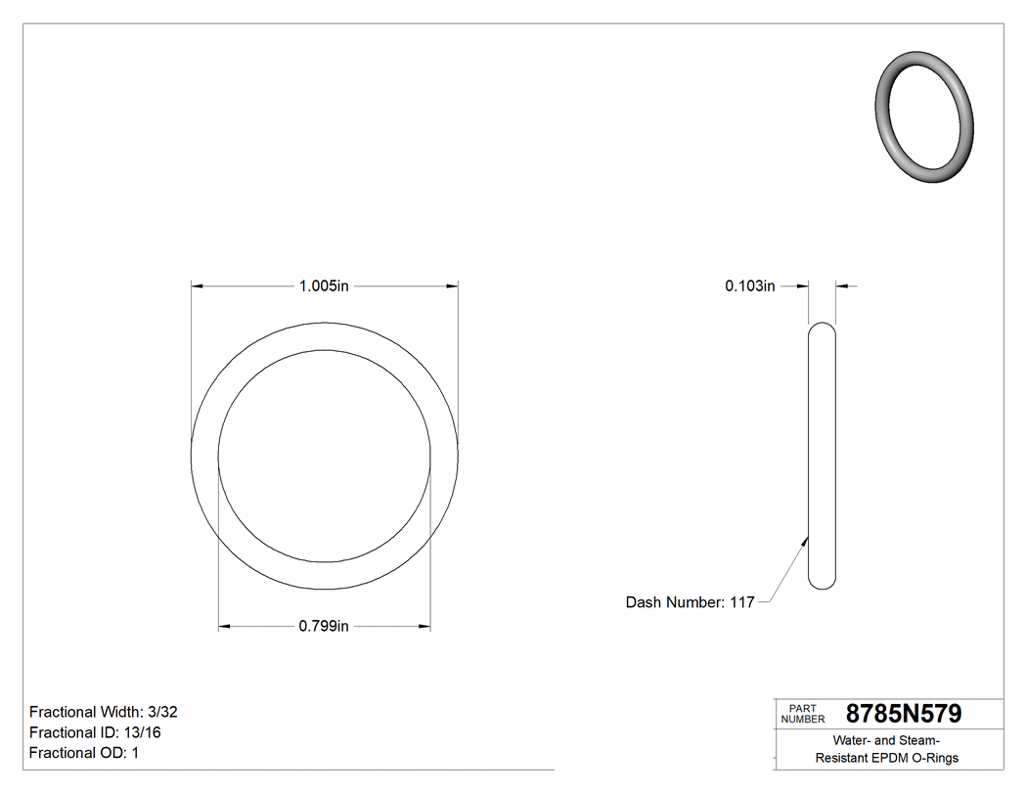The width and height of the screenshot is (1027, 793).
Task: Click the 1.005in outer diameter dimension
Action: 324,286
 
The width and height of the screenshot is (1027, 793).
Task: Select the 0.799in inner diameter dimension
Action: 324,627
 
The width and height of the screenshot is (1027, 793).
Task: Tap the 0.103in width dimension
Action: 749,286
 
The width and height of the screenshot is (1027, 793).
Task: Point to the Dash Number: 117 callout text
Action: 690,602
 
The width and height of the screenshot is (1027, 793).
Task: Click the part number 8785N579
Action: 903,714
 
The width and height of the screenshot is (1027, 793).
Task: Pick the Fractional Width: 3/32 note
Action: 103,712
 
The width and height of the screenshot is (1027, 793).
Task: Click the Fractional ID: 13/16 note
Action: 96,732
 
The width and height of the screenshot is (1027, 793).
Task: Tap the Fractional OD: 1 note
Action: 84,753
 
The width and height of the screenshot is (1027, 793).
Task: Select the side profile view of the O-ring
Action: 823,456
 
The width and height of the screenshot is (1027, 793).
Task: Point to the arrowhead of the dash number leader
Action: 807,537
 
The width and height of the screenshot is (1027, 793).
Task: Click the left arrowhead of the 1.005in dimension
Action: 197,286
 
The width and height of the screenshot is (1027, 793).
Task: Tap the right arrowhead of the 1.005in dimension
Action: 452,286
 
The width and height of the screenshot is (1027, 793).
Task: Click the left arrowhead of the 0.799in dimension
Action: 224,627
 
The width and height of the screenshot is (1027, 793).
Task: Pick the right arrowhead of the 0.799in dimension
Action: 425,627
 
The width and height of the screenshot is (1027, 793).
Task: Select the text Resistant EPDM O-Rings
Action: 887,758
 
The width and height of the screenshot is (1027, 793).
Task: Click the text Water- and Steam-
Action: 887,740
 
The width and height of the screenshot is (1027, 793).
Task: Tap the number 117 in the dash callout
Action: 742,602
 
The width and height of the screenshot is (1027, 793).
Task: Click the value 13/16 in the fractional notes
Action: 141,732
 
